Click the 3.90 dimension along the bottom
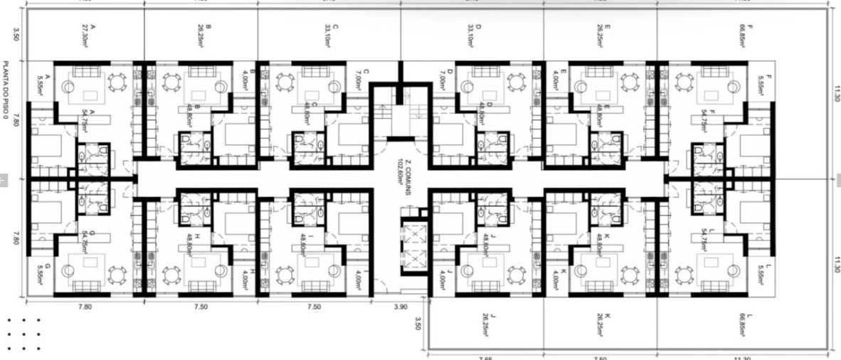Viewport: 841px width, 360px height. tap(400, 307)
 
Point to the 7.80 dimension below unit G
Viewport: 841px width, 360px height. tap(84, 307)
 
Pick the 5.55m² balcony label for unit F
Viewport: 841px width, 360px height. tap(760, 85)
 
